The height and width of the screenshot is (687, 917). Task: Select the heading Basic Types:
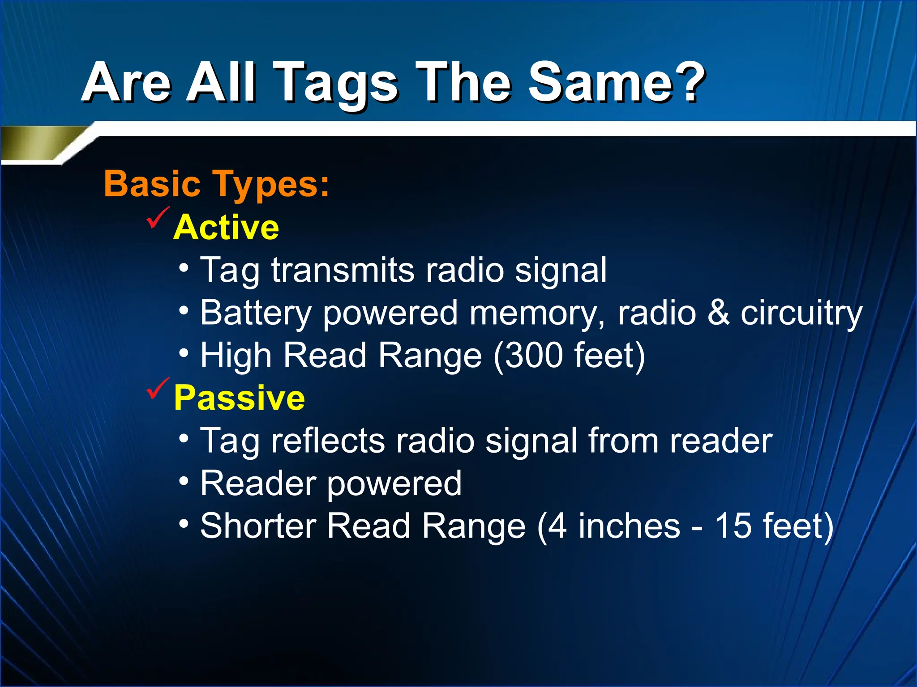pyautogui.click(x=216, y=184)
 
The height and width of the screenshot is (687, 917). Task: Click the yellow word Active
pyautogui.click(x=226, y=227)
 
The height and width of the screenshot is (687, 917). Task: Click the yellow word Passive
pyautogui.click(x=239, y=398)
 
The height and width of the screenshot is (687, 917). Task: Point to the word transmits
pyautogui.click(x=343, y=270)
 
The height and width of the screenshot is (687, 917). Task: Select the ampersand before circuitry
pyautogui.click(x=718, y=313)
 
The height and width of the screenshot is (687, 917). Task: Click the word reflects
pyautogui.click(x=328, y=441)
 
